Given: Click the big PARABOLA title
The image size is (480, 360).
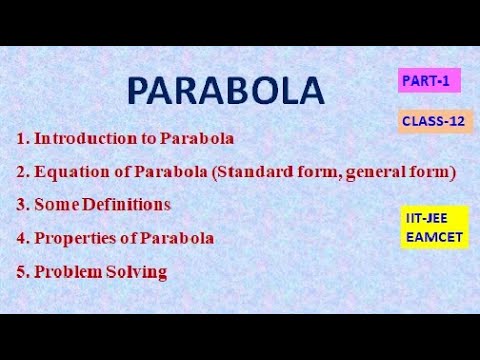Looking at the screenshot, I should coord(226,92).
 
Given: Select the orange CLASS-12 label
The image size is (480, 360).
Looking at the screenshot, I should coord(435,121).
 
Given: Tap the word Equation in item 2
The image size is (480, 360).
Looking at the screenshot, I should coord(71,172).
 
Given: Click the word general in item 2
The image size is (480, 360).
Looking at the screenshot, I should coord(382,172).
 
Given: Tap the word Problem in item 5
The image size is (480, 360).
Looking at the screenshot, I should coord(67,271).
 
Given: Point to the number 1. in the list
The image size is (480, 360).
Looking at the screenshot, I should coord(20,139).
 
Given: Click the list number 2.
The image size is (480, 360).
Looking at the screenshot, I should coord(20,172).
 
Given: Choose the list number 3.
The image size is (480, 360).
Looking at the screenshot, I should coord(20,205).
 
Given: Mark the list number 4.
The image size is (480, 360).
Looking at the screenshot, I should coord(20,238).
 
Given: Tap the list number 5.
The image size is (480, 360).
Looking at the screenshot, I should coord(20,271).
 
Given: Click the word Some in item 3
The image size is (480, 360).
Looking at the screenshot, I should coord(54,205).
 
